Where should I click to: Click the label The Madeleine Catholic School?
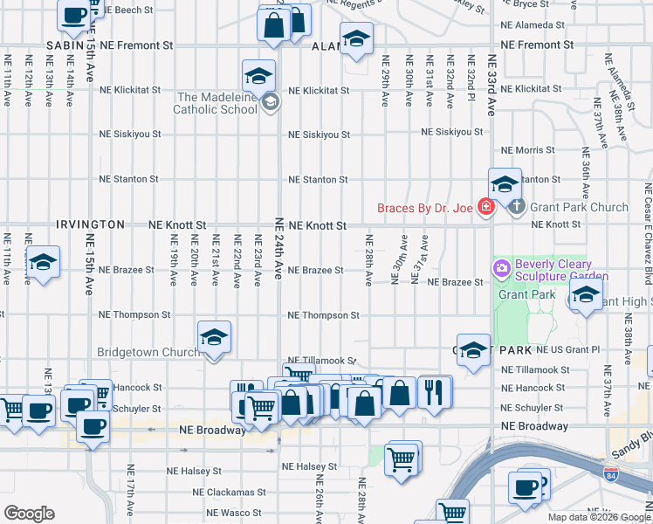point(219,103)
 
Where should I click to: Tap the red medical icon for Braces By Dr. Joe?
point(485,208)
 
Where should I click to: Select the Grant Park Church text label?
point(580,208)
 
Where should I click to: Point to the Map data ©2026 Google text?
point(598,517)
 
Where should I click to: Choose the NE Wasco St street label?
point(234,513)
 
